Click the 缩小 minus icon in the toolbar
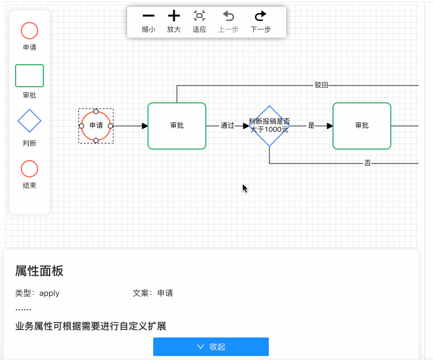(149, 16)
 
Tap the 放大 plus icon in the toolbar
(174, 16)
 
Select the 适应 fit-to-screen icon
(199, 16)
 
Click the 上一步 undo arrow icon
(228, 16)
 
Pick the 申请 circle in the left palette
(29, 31)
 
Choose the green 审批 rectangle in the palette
(29, 76)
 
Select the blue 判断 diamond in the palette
(29, 121)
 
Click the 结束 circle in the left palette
(29, 169)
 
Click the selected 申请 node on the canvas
(96, 125)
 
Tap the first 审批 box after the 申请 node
(177, 125)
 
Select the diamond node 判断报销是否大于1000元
(269, 125)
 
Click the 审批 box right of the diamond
(362, 125)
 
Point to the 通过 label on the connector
(227, 125)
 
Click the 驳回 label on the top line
(321, 86)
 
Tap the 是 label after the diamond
(311, 125)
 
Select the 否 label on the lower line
(368, 164)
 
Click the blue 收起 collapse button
(211, 347)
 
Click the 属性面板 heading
(39, 271)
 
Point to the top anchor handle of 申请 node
(96, 111)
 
